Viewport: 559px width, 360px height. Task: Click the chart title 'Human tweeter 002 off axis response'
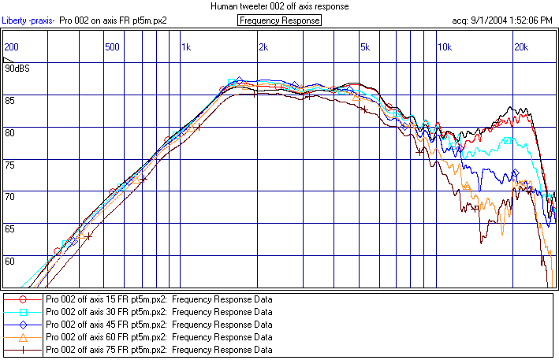pyautogui.click(x=279, y=6)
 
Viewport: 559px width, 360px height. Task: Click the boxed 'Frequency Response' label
pyautogui.click(x=279, y=20)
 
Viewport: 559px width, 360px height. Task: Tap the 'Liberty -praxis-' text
pyautogui.click(x=28, y=20)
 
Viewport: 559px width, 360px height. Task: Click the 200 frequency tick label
pyautogui.click(x=11, y=47)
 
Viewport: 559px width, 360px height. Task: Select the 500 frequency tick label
pyautogui.click(x=113, y=47)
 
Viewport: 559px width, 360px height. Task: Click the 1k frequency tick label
pyautogui.click(x=186, y=47)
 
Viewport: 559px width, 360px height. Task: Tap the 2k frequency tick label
pyautogui.click(x=263, y=47)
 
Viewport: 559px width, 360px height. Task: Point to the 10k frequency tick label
pyautogui.click(x=445, y=47)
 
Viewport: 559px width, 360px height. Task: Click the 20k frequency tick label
pyautogui.click(x=521, y=47)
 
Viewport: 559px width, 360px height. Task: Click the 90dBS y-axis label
pyautogui.click(x=17, y=69)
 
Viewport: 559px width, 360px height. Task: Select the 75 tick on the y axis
pyautogui.click(x=11, y=165)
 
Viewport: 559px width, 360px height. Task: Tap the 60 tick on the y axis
pyautogui.click(x=11, y=261)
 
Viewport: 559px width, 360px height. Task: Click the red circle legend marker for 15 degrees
pyautogui.click(x=23, y=299)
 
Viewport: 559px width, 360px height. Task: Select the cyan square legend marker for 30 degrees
pyautogui.click(x=23, y=312)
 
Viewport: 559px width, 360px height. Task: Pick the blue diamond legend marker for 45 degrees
pyautogui.click(x=23, y=324)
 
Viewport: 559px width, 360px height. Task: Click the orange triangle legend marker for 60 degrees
pyautogui.click(x=23, y=336)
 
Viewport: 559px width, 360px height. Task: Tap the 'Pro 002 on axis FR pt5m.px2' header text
pyautogui.click(x=113, y=20)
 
